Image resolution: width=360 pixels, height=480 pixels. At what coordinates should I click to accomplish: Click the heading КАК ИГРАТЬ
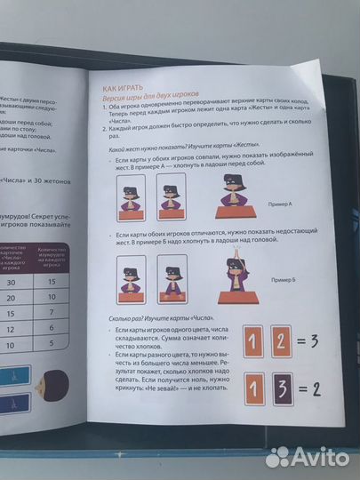[124, 86]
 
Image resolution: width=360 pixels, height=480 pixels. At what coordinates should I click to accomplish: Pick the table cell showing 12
[11, 323]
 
